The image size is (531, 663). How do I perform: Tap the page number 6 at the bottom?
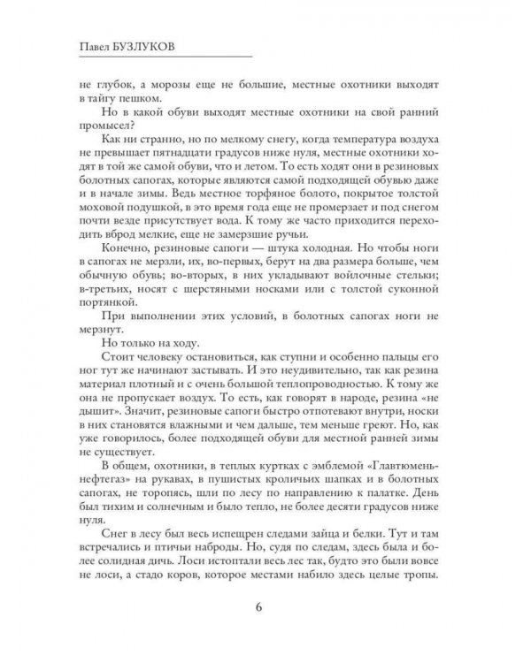pos(258,606)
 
